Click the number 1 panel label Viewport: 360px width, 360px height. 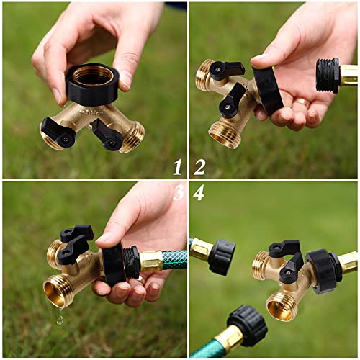pyautogui.click(x=176, y=167)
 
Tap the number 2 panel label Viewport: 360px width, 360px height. pyautogui.click(x=199, y=167)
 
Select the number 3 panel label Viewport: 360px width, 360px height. pyautogui.click(x=178, y=193)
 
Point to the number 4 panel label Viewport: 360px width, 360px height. pyautogui.click(x=199, y=193)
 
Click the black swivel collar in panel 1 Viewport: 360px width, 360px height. pyautogui.click(x=92, y=84)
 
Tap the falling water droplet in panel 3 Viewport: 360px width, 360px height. pyautogui.click(x=60, y=316)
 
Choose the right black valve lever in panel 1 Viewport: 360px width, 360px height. pyautogui.click(x=107, y=135)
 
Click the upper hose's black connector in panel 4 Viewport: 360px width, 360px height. pyautogui.click(x=221, y=257)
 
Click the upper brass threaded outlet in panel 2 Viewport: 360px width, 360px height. pyautogui.click(x=204, y=75)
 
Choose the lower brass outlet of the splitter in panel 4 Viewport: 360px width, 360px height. pyautogui.click(x=282, y=305)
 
